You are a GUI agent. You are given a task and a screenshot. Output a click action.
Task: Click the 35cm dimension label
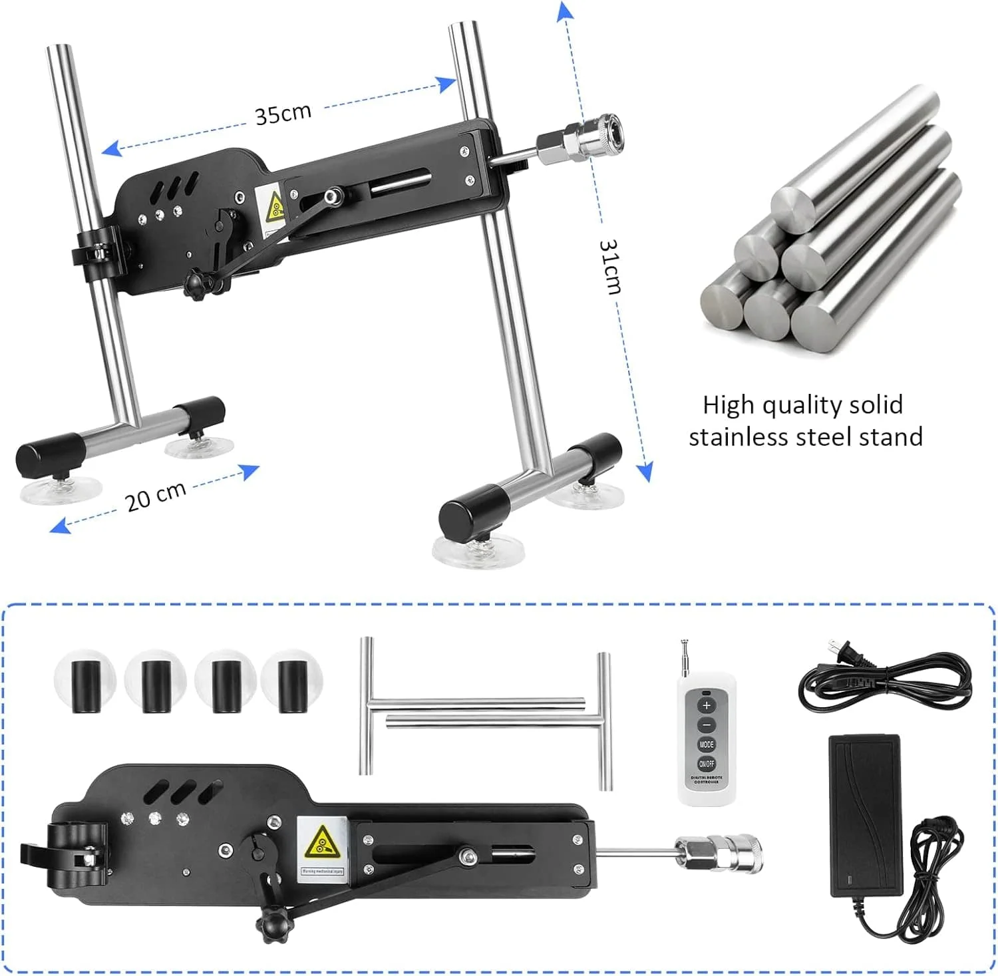(283, 114)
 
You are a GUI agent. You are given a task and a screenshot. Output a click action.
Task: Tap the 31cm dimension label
(610, 266)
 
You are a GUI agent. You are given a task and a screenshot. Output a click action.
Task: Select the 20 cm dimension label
(156, 496)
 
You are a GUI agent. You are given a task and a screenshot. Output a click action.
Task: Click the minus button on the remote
(707, 725)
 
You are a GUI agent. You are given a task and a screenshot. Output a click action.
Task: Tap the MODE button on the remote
(707, 744)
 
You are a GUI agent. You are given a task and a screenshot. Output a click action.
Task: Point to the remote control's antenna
(684, 659)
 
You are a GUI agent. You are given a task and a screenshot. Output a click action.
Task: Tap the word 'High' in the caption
(729, 405)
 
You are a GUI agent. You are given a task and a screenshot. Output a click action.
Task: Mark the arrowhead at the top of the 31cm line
(565, 12)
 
